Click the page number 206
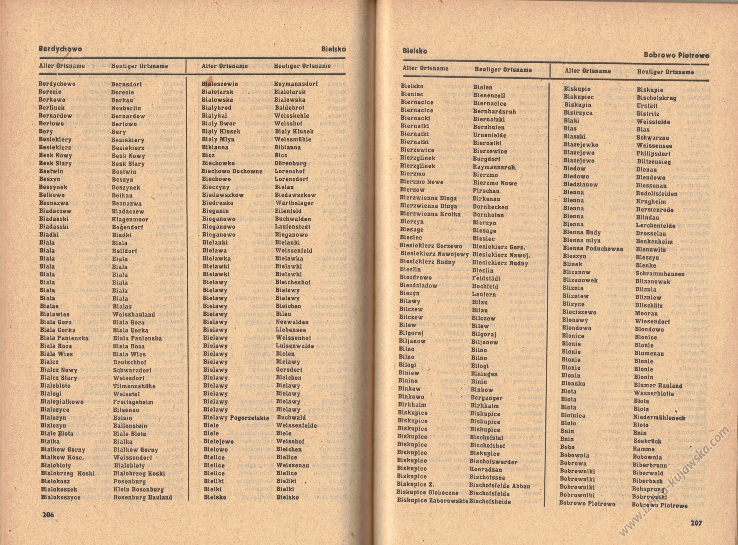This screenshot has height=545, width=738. point(48,514)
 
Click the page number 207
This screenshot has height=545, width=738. point(696,523)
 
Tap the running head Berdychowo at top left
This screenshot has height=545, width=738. point(60,49)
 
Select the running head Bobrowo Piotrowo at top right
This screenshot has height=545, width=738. point(677,55)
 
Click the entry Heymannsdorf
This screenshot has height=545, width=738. point(296,84)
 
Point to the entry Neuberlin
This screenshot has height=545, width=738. point(126,108)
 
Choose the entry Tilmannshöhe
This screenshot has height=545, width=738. point(134,386)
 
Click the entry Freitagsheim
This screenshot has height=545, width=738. point(133,402)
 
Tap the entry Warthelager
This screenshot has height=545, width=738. point(294,203)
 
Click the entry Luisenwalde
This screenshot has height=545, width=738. point(295,346)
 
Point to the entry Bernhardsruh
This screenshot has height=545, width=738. point(494,112)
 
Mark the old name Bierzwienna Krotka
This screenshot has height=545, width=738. point(430,214)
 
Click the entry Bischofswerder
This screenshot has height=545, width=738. point(493,462)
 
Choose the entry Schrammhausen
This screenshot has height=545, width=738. point(660,274)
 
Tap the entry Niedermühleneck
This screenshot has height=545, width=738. point(659,417)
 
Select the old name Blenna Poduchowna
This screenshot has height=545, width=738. point(593,249)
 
